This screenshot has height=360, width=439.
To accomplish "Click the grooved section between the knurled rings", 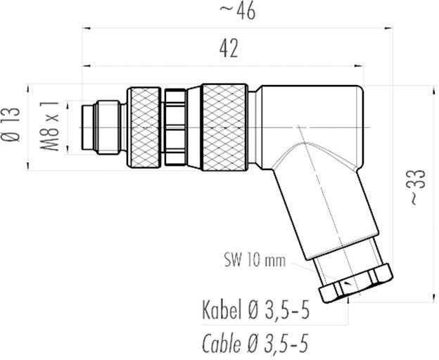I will [182, 127].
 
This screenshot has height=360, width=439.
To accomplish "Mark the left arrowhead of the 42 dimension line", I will [86, 67].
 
